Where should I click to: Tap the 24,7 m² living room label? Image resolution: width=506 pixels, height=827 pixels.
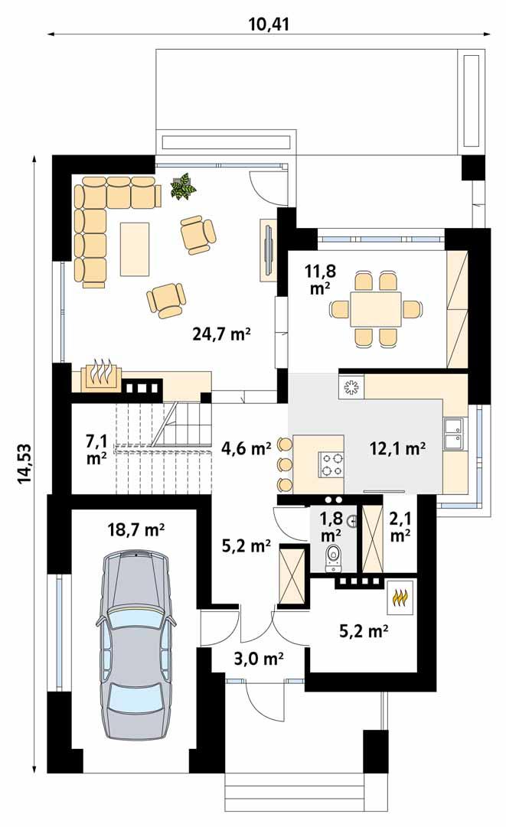[221, 334]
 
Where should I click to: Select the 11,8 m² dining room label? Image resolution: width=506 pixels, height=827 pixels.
[319, 279]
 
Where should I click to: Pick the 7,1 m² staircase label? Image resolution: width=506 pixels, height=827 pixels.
[96, 449]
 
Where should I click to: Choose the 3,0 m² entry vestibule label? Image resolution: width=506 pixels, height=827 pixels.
[259, 657]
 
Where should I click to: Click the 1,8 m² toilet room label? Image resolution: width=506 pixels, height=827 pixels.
[331, 527]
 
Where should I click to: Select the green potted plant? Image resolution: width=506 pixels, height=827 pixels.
[182, 186]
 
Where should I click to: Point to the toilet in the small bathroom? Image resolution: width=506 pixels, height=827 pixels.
[334, 558]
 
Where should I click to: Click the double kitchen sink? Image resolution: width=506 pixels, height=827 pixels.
[455, 431]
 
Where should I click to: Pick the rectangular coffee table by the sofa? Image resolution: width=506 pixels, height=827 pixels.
[135, 249]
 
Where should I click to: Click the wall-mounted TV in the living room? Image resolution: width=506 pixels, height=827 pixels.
[268, 250]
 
